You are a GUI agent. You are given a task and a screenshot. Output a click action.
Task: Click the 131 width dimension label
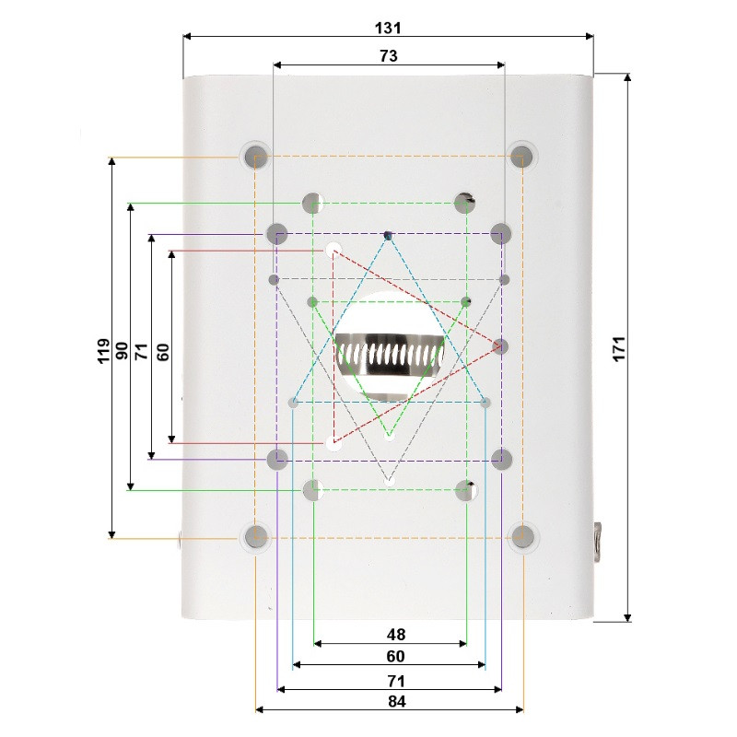pyautogui.click(x=388, y=29)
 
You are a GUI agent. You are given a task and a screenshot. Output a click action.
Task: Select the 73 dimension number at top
pyautogui.click(x=388, y=56)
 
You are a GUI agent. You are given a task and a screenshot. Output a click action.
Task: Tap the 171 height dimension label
pyautogui.click(x=619, y=348)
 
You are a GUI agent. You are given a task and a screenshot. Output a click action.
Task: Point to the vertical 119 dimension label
pyautogui.click(x=103, y=350)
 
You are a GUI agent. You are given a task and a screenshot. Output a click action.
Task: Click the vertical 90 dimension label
pyautogui.click(x=122, y=351)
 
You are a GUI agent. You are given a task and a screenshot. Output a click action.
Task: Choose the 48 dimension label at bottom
pyautogui.click(x=396, y=635)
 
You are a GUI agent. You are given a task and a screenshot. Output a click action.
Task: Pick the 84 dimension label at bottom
pyautogui.click(x=397, y=701)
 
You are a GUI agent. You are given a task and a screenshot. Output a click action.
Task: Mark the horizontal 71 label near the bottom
pyautogui.click(x=396, y=681)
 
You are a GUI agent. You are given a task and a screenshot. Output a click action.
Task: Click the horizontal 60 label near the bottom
pyautogui.click(x=395, y=656)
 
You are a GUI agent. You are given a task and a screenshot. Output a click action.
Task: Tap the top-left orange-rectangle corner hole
pyautogui.click(x=255, y=155)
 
